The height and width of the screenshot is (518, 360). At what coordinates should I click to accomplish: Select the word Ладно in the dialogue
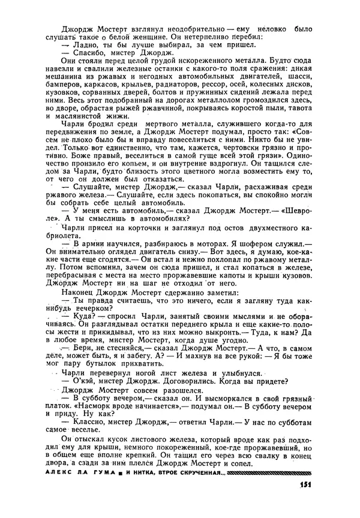pos(85,45)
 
